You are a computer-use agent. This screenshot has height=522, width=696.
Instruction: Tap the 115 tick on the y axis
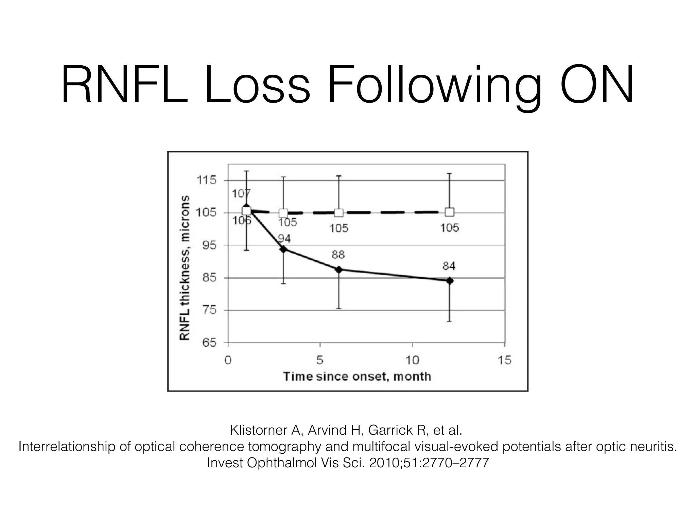tap(207, 180)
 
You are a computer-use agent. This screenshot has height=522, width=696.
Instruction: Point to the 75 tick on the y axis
tap(209, 310)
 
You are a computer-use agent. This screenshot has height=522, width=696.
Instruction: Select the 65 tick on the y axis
tap(209, 343)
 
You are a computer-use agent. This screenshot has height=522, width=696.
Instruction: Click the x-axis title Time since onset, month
tap(357, 377)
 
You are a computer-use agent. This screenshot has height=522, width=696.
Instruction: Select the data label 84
tap(449, 266)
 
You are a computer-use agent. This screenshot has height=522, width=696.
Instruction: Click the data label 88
tap(338, 255)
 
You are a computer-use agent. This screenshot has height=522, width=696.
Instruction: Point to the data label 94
tap(284, 239)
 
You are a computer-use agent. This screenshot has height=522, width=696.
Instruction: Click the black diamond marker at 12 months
tap(450, 281)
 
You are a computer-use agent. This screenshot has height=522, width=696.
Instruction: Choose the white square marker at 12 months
tap(450, 212)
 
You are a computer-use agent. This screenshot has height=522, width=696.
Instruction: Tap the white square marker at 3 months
tap(283, 213)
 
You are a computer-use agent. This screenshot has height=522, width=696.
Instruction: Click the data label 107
tap(241, 194)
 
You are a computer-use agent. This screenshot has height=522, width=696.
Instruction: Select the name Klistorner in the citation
tap(259, 430)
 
